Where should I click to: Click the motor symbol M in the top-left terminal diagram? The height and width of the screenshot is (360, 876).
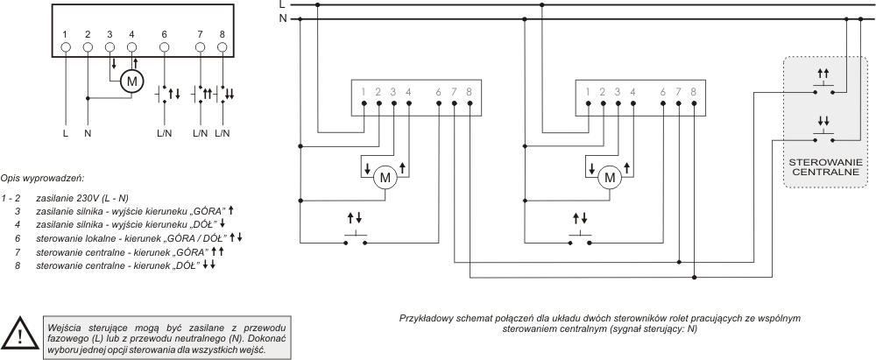coord(132,81)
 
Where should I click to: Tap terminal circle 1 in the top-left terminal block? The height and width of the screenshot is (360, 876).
coord(66,47)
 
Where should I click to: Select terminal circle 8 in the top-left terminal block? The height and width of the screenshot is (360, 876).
coord(223,47)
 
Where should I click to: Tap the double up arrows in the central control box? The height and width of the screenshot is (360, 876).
coord(823,74)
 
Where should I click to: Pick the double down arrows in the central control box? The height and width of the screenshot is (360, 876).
coord(823,120)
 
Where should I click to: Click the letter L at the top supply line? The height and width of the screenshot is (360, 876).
coord(282,4)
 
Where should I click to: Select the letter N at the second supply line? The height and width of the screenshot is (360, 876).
coord(283,19)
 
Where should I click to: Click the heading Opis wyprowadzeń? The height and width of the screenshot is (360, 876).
coord(42,179)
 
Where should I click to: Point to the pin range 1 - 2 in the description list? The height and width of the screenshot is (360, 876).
coord(11,198)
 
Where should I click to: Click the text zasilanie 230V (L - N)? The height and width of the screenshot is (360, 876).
coord(82,198)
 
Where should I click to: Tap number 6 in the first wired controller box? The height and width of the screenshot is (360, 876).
coord(439,92)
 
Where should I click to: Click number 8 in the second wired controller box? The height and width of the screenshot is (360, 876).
coord(693,92)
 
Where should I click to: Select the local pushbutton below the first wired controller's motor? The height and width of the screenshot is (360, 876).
coord(356,239)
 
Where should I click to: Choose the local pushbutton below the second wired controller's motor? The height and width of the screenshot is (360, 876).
coord(580,239)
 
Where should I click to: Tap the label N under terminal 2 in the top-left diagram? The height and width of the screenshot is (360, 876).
coord(88,134)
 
